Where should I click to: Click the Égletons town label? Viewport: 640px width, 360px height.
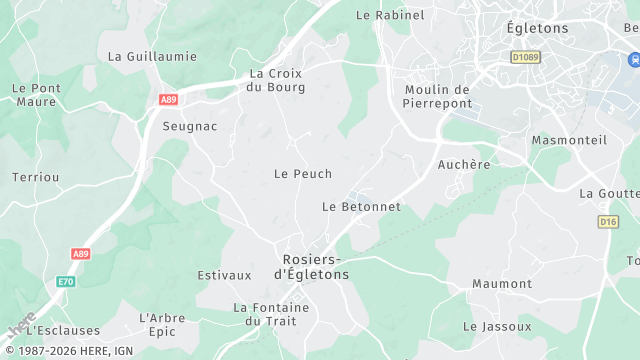click(x=537, y=28)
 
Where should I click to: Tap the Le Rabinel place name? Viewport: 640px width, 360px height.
click(x=390, y=15)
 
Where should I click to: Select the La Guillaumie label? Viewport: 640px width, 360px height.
click(x=152, y=56)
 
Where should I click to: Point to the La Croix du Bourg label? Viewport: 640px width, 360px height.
click(x=276, y=80)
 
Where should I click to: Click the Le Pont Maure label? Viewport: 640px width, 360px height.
click(x=35, y=95)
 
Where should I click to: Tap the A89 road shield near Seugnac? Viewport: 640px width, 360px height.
click(x=168, y=99)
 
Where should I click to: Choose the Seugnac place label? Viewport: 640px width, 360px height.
click(x=190, y=126)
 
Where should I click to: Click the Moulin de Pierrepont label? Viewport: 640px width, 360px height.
click(x=437, y=96)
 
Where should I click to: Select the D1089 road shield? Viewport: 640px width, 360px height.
click(x=524, y=58)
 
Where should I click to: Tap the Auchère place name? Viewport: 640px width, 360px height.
click(x=464, y=164)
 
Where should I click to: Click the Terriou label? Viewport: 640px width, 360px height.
click(x=36, y=177)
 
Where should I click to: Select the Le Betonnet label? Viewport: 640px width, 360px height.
click(x=361, y=207)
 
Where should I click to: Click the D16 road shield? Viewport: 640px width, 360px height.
click(x=608, y=221)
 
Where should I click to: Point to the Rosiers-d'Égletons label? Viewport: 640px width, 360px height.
click(x=311, y=266)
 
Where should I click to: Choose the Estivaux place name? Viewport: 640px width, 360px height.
click(x=224, y=275)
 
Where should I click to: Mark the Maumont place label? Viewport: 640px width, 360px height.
click(x=502, y=284)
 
